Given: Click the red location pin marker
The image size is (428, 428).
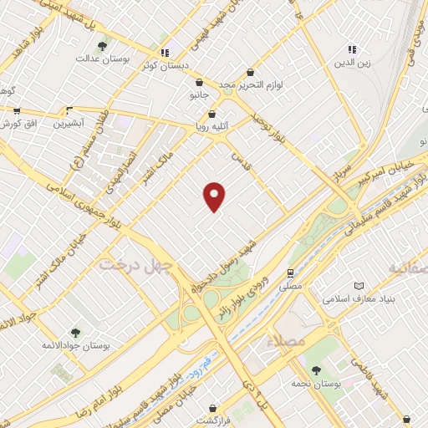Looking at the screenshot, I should click(215, 196).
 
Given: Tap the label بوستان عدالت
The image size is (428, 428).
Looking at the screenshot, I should click(100, 59).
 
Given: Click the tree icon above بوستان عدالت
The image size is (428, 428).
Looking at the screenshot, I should click(102, 46).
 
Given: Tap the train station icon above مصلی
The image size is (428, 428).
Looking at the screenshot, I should click(290, 273).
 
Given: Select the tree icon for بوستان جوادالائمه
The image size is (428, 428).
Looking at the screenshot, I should click(75, 333).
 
